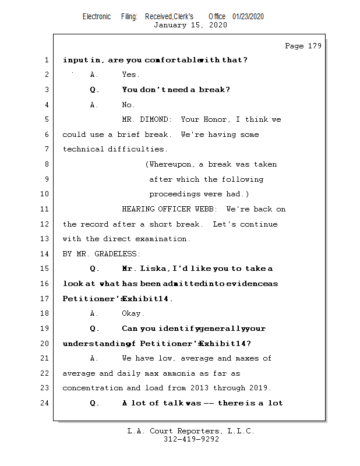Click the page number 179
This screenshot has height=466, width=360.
coord(314,46)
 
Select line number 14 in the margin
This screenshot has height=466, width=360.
coord(46,254)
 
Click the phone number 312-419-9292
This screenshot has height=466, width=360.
coord(191,439)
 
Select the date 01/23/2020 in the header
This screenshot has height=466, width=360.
coord(248,16)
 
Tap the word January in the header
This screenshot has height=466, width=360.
coord(170,25)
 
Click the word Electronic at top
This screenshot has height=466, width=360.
coord(97,16)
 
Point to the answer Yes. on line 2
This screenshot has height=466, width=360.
coord(130,75)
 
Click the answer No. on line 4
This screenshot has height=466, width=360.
coord(128,105)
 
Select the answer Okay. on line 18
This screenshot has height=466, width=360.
coord(133,313)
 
